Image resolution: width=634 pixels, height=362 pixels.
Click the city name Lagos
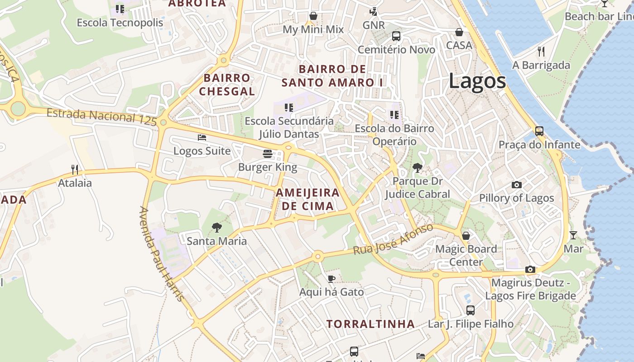click(477, 81)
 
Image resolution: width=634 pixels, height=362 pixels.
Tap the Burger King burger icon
click(268, 154)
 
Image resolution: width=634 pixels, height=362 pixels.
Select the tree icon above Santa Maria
click(217, 228)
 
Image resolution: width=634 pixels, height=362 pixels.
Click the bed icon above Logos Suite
click(202, 138)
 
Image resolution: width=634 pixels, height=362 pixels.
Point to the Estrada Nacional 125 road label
click(101, 116)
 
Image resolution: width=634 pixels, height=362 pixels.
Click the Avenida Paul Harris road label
click(161, 254)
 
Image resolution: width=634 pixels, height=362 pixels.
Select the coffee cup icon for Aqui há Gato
click(331, 279)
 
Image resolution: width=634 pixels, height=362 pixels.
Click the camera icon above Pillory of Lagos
click(516, 185)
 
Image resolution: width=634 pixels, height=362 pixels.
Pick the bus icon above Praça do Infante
click(539, 131)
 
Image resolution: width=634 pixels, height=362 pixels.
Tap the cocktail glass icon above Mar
click(573, 235)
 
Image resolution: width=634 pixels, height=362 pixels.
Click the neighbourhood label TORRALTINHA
click(371, 324)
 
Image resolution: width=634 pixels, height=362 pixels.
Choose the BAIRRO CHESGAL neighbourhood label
click(227, 84)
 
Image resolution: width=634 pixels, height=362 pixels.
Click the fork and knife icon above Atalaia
click(75, 170)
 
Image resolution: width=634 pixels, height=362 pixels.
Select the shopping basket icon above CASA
click(459, 32)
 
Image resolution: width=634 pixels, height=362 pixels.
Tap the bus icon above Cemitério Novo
click(396, 36)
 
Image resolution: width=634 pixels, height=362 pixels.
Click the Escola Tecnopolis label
click(120, 23)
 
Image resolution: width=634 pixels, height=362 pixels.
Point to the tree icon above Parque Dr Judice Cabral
click(418, 168)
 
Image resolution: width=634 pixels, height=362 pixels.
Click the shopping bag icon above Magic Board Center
click(466, 236)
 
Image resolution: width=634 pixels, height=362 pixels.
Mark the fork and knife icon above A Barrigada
click(541, 51)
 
